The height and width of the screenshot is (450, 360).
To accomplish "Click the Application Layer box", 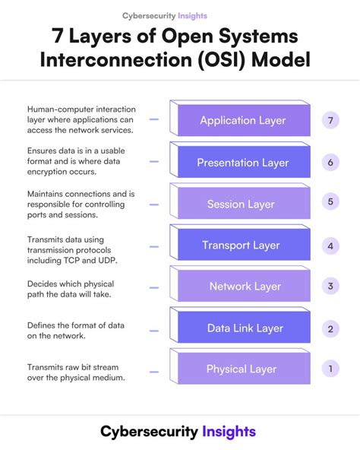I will point(242,121).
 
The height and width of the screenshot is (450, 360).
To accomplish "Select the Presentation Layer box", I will point(242,163).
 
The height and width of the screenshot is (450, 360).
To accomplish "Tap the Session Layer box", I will point(242,204).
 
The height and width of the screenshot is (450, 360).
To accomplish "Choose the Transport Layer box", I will point(242,245).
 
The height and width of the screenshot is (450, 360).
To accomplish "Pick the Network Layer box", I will point(242,287).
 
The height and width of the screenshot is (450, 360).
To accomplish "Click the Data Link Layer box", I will point(242,328).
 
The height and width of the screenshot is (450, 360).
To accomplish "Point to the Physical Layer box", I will point(242,369).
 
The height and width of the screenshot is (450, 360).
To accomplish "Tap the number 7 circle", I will point(330,120).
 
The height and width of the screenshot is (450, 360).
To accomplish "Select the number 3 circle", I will point(330,286).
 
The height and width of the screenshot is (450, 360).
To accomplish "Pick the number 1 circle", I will point(330,369).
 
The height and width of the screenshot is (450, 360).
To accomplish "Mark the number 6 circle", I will point(330,162).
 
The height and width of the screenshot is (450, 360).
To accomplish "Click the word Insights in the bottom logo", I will point(229,431).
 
